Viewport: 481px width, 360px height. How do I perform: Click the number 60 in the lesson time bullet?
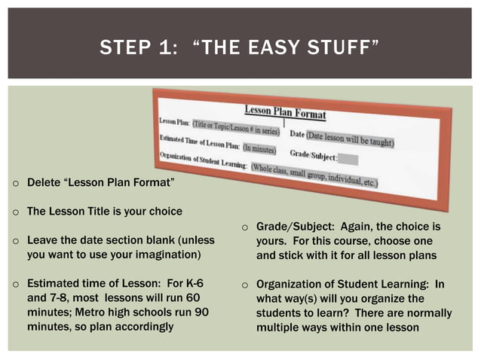point(195,298)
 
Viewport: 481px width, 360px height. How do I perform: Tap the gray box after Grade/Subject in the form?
point(348,158)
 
